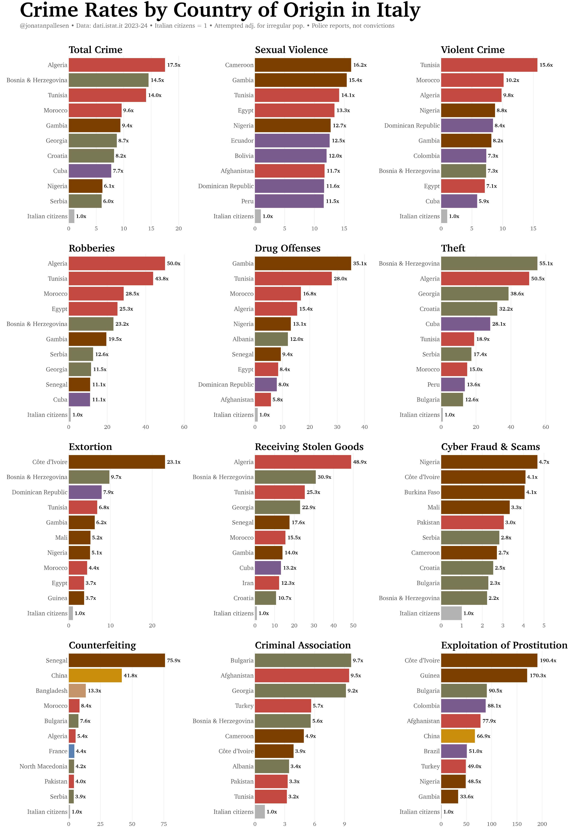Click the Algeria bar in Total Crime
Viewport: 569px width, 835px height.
(117, 65)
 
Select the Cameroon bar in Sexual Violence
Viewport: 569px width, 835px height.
(303, 65)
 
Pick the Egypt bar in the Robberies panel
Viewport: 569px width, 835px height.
(93, 309)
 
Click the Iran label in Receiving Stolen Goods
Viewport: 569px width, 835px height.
(248, 583)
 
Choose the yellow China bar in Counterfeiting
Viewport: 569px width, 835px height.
(95, 675)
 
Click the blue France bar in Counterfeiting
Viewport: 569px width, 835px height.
(72, 751)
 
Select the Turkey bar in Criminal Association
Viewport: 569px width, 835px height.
(283, 706)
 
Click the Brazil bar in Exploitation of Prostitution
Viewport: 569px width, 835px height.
(454, 751)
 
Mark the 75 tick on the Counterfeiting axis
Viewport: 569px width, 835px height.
(164, 824)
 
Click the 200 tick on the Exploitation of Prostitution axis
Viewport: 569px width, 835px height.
(542, 824)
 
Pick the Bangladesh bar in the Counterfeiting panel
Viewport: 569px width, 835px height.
(77, 690)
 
